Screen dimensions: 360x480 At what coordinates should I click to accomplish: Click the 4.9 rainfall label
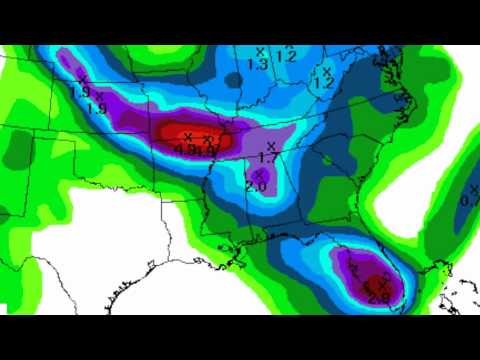pyautogui.click(x=184, y=150)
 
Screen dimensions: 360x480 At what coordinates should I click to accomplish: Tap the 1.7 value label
pyautogui.click(x=267, y=158)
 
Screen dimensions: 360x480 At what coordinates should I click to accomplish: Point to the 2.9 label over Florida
pyautogui.click(x=378, y=297)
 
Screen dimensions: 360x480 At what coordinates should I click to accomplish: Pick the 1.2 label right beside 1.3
pyautogui.click(x=286, y=57)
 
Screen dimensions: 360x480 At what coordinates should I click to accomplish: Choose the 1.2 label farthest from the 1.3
pyautogui.click(x=322, y=84)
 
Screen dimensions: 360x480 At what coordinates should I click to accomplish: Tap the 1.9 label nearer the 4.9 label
pyautogui.click(x=97, y=108)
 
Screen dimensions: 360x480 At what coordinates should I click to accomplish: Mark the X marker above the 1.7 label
pyautogui.click(x=272, y=146)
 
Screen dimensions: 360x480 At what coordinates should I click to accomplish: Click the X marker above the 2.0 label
pyautogui.click(x=259, y=174)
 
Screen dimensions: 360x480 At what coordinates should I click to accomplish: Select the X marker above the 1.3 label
pyautogui.click(x=260, y=51)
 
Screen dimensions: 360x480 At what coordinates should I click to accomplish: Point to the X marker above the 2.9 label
pyautogui.click(x=384, y=284)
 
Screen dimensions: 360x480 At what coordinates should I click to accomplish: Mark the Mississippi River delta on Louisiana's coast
pyautogui.click(x=240, y=262)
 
